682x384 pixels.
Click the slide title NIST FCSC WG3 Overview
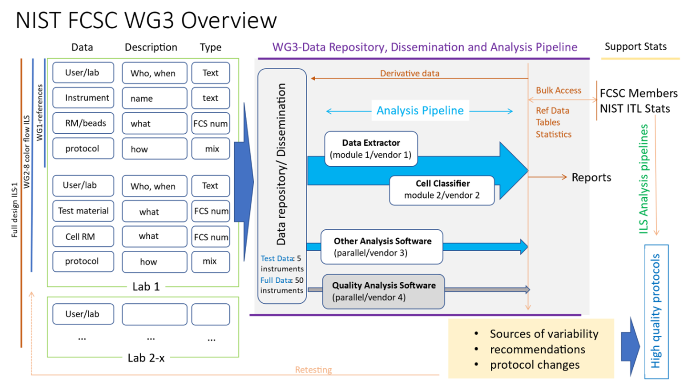tap(146, 21)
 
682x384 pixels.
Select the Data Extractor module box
tap(371, 149)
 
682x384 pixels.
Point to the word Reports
tap(591, 178)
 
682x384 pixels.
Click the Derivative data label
tap(409, 74)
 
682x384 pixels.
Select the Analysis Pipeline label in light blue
tap(420, 111)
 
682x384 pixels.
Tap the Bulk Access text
tap(558, 90)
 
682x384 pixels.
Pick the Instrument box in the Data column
tap(83, 98)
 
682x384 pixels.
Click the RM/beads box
tap(83, 123)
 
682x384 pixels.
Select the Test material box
tap(83, 211)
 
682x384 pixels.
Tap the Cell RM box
tap(83, 236)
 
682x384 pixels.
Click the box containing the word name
tap(155, 98)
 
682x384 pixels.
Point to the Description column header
tap(151, 47)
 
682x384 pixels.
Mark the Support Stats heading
tap(635, 47)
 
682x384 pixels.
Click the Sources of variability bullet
tap(544, 334)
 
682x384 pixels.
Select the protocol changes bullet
tap(535, 365)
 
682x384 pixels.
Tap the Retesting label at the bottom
tap(314, 370)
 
